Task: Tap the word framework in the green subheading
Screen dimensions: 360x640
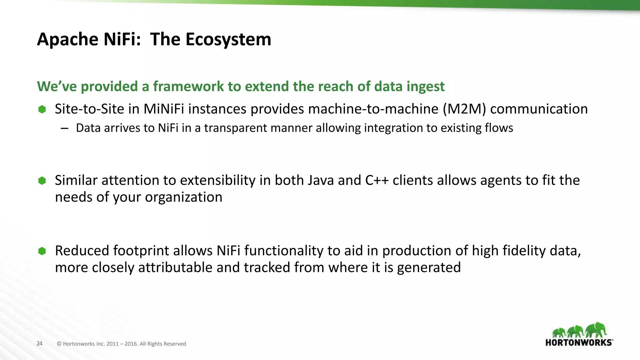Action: pyautogui.click(x=188, y=87)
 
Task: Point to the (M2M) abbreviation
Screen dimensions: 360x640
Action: pyautogui.click(x=464, y=109)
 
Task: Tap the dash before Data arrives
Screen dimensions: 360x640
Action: pyautogui.click(x=65, y=128)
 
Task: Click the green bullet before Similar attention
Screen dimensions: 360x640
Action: pyautogui.click(x=42, y=181)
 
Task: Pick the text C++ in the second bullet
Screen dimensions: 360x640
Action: pyautogui.click(x=377, y=181)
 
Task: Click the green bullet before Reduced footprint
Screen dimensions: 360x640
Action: pyautogui.click(x=42, y=251)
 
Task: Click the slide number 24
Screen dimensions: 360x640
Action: pyautogui.click(x=39, y=343)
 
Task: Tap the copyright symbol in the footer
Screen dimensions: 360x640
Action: pyautogui.click(x=59, y=344)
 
